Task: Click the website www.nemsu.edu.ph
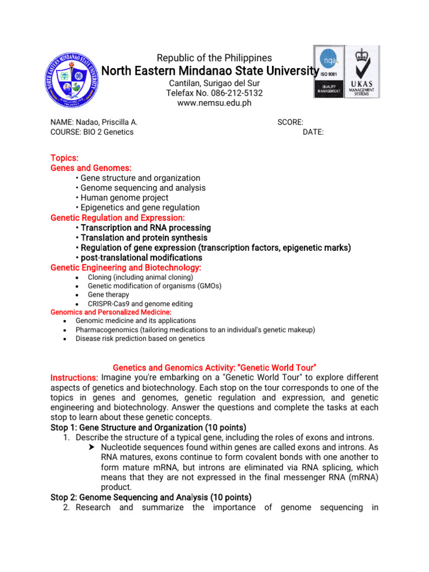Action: [x=214, y=103]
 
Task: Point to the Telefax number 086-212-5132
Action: [x=214, y=93]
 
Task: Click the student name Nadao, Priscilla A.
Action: [x=94, y=122]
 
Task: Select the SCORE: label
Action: [x=290, y=122]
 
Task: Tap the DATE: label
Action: [x=313, y=132]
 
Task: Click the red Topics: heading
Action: [x=65, y=158]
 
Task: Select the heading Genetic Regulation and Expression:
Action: [x=117, y=217]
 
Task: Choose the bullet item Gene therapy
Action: [x=108, y=294]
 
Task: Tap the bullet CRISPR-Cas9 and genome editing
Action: [x=140, y=304]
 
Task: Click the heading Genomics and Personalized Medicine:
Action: [x=111, y=312]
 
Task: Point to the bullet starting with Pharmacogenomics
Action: [x=195, y=330]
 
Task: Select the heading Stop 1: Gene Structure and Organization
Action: [x=148, y=427]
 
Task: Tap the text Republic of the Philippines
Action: [x=214, y=58]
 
